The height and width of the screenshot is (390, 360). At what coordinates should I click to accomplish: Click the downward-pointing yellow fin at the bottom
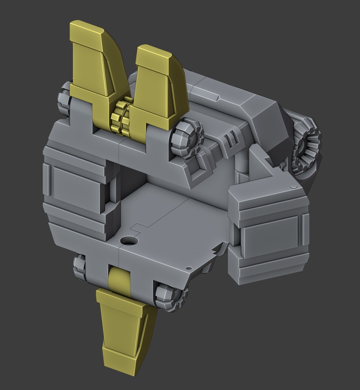(x=123, y=330)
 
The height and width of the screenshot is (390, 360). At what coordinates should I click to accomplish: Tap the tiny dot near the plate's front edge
(x=188, y=268)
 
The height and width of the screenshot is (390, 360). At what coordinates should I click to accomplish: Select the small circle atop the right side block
(x=294, y=187)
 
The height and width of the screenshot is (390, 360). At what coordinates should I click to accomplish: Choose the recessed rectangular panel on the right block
(x=271, y=234)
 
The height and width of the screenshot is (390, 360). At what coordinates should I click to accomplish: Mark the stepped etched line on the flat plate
(x=154, y=225)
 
